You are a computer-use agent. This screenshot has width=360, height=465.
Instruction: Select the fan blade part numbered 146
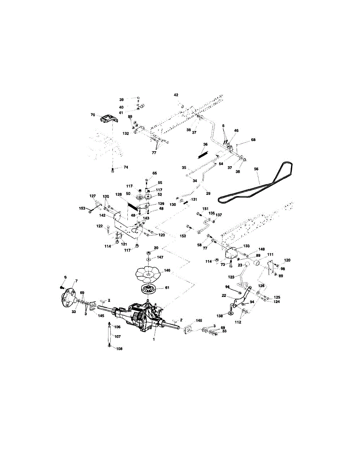coord(148,274)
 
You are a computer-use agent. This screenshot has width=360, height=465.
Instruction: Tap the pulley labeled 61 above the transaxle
coord(149,289)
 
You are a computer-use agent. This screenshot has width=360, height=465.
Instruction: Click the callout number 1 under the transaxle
coord(154,339)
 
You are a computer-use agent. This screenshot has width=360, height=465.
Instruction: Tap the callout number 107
coord(118,336)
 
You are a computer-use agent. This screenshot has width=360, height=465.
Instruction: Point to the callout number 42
coord(176,95)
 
